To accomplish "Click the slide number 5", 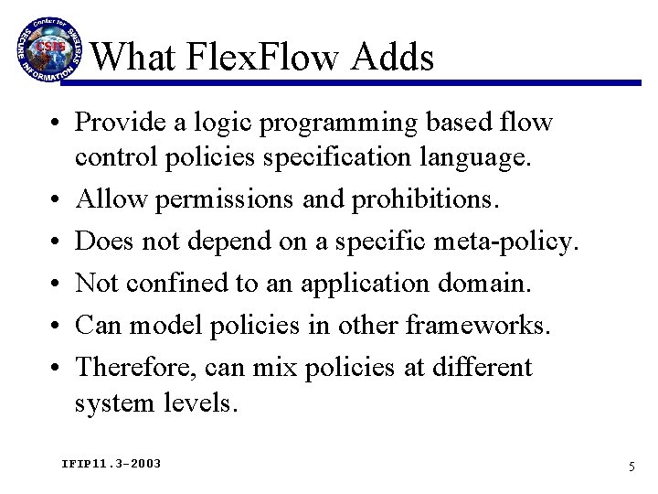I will click(631, 467).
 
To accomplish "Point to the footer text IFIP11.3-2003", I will click(111, 464).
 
